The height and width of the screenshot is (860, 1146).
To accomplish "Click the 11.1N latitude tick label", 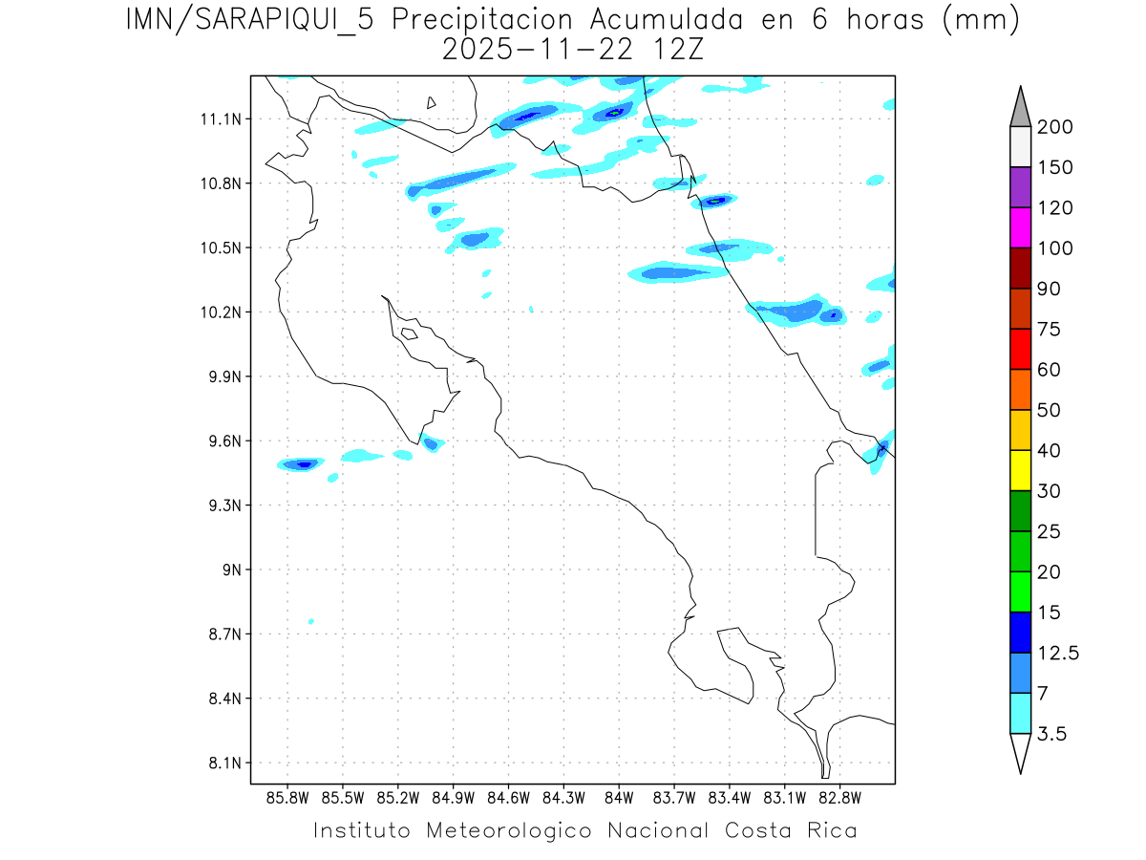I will coord(218,119).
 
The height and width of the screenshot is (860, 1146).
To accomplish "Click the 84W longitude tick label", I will coord(619,798).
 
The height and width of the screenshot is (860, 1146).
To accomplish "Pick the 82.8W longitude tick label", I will coord(839,798).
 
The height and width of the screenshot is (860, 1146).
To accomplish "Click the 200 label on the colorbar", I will coord(1054,127).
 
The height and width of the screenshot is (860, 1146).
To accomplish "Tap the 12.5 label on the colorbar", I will coord(1059,654).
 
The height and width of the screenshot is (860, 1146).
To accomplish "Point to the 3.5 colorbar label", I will coord(1052,734).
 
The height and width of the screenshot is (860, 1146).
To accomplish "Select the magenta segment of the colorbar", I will coord(1020,228).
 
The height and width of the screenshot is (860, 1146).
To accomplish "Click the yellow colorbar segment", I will coord(1020,470).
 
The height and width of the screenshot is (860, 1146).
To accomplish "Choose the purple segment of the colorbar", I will coord(1020,187).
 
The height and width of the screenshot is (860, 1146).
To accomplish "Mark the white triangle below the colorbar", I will coord(1020,752).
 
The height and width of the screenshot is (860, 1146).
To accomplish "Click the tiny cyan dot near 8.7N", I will coord(311,622).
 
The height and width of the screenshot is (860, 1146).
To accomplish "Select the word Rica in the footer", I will coord(828,830).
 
